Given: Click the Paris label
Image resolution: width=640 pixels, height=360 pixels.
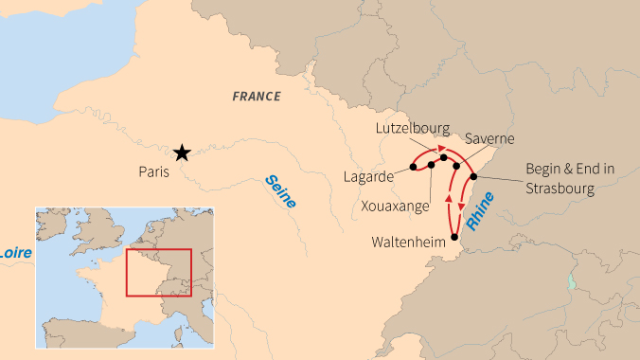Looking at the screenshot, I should [153, 172].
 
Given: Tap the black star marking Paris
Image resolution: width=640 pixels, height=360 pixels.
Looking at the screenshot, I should [182, 153].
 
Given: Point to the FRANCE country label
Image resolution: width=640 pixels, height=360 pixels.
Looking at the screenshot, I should [257, 96].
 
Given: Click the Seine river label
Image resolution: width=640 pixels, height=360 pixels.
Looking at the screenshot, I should [280, 191].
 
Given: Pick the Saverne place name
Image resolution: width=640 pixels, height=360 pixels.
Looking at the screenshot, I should [489, 138].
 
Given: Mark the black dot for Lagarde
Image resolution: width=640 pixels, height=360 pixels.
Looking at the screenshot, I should [414, 167].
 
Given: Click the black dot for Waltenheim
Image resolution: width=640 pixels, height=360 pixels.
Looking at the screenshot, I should [454, 237].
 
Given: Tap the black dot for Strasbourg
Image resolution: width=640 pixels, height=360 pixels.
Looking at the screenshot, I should [472, 176].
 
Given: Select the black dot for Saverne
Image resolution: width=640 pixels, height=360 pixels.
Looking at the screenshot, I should [456, 166].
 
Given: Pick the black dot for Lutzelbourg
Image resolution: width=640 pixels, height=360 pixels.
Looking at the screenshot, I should [443, 157].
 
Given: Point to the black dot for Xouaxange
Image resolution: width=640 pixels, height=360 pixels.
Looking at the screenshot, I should [432, 165].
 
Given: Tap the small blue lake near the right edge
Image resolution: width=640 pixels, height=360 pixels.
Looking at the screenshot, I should [571, 282].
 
